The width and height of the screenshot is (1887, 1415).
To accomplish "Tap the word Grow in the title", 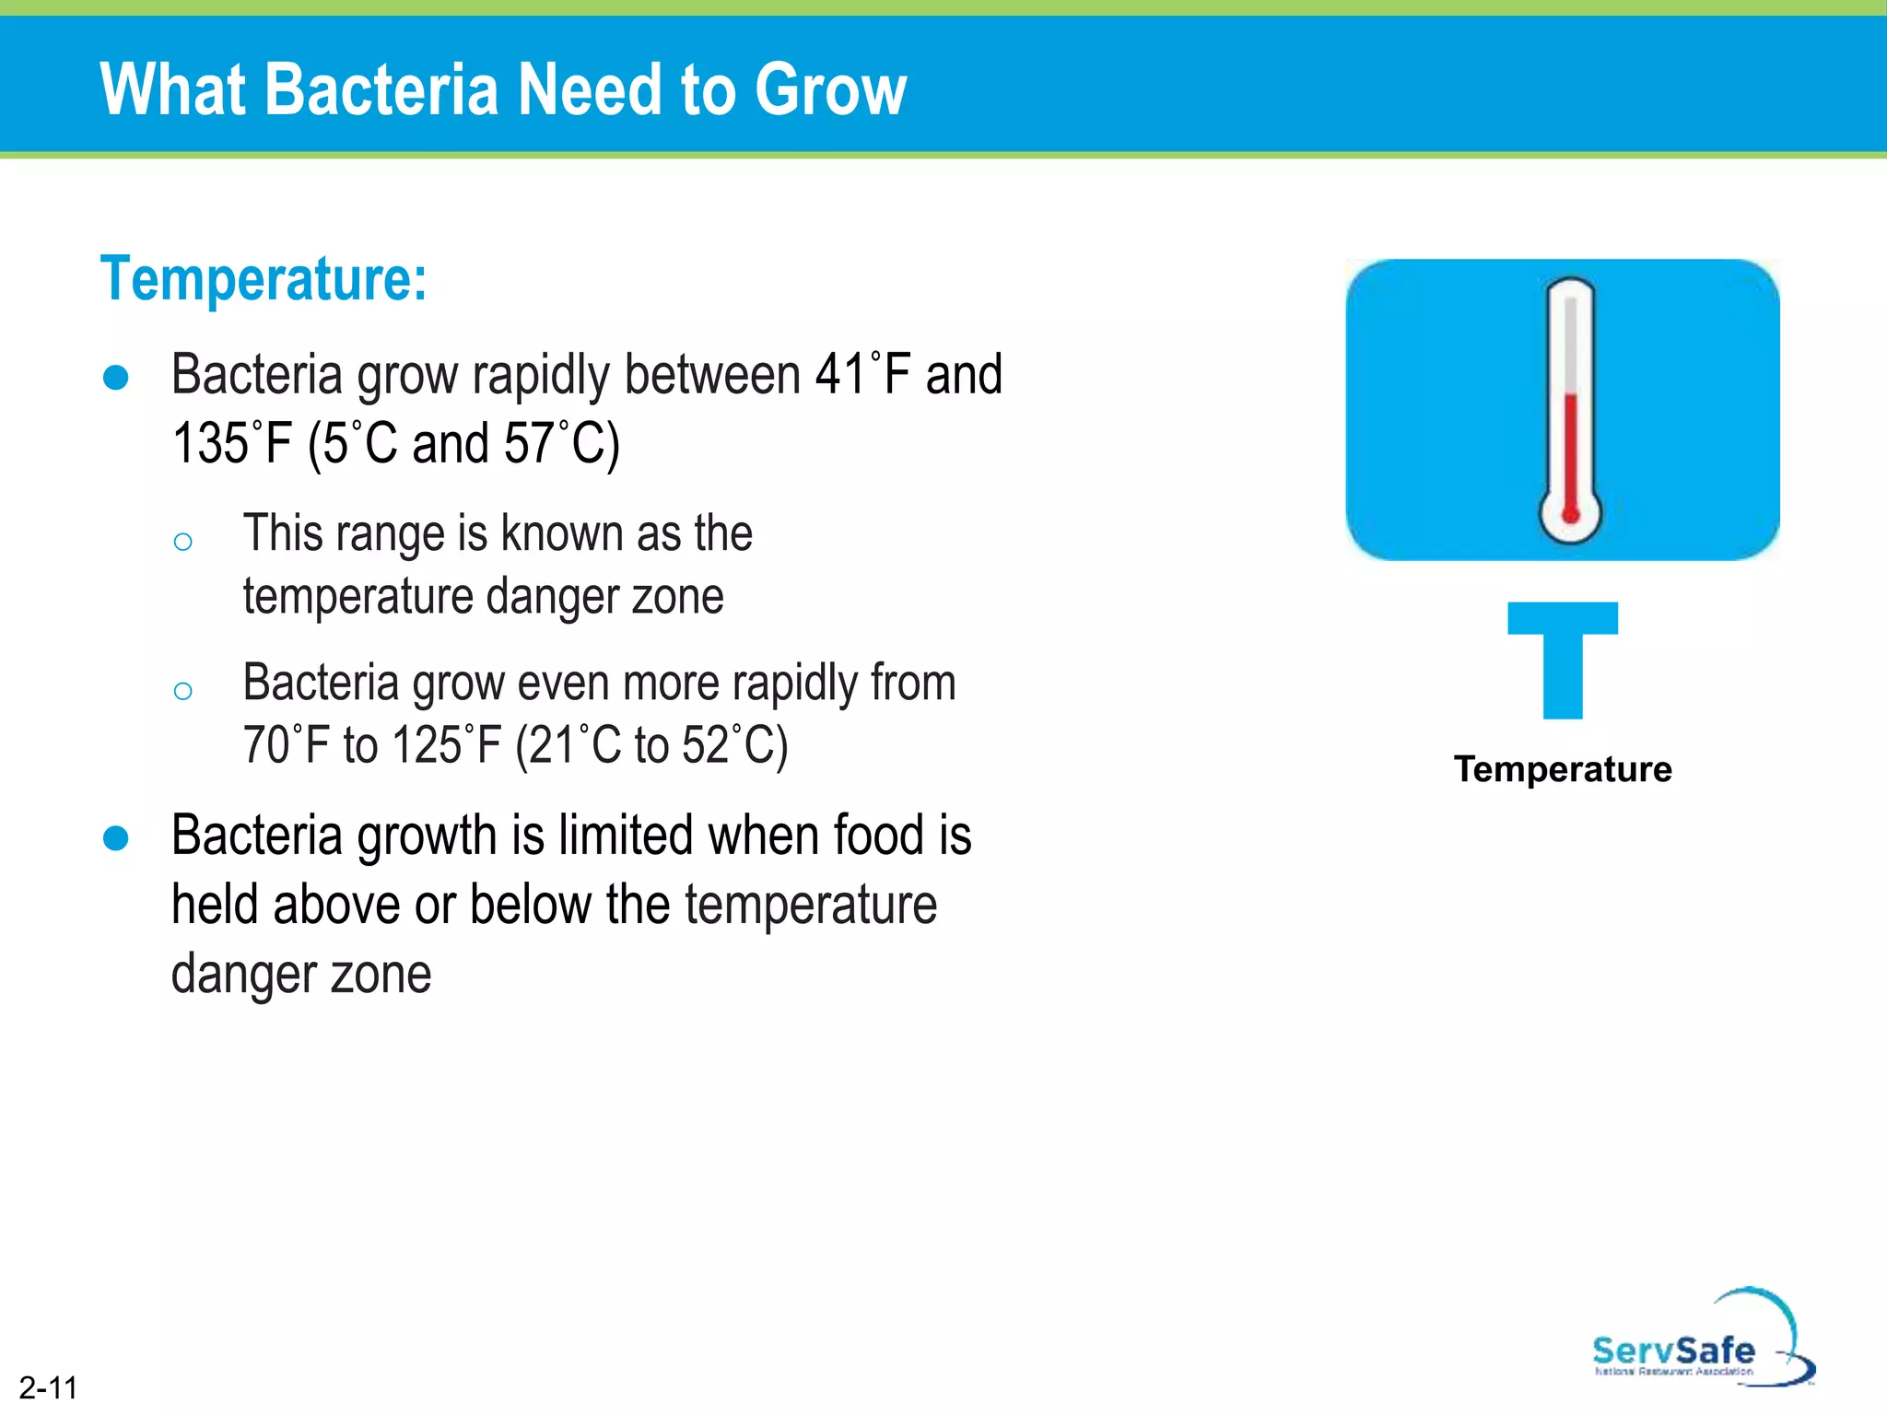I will coord(830,89).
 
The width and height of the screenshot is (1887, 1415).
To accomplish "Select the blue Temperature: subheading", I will coord(264,278).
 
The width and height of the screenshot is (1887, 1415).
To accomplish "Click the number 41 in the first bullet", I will coord(839,375).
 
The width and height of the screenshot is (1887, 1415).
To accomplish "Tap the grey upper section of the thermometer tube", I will coord(1570,341).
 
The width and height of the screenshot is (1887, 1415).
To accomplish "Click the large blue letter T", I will coord(1563,659).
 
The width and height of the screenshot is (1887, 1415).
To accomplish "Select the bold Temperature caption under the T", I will coord(1563,769).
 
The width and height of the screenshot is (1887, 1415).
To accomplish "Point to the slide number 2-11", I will coord(49,1387).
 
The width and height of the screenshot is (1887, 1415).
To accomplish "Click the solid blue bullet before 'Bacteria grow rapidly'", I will coord(116,378).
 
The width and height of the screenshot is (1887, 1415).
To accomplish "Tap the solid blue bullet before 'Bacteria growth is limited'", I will coord(116,838).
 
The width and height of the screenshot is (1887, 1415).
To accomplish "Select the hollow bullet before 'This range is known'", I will coord(182,542).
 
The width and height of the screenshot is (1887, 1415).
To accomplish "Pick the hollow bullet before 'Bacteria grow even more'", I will coord(182,691).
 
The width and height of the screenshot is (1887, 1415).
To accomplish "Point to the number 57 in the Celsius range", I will coord(528,444).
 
